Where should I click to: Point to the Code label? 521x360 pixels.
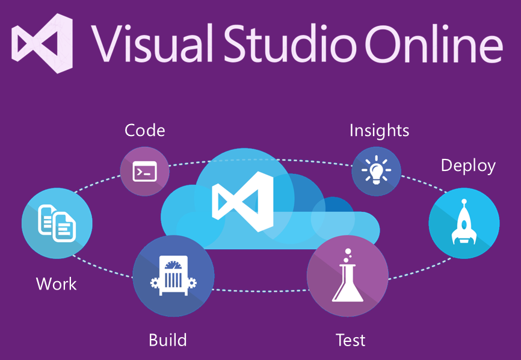pos(144,130)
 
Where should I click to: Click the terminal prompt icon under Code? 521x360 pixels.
pos(144,172)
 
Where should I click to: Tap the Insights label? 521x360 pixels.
pos(379,130)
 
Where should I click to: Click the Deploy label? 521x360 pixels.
pos(468,166)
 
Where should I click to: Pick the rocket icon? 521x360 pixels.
pos(464,221)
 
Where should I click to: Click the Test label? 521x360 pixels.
pos(351,340)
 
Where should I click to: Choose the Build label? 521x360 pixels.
pos(168,340)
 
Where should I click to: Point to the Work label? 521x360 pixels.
pos(57,284)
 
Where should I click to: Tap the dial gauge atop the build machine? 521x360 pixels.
pos(173,265)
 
